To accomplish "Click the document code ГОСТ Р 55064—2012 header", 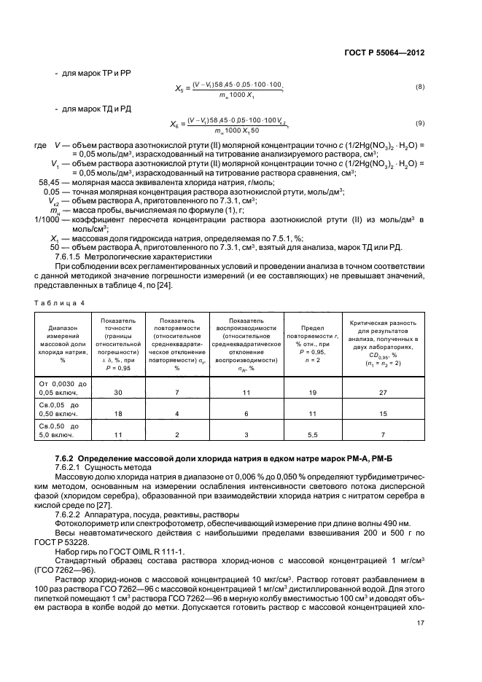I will (x=384, y=52).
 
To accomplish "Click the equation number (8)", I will (x=419, y=87).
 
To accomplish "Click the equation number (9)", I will (x=419, y=122).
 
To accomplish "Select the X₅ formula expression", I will (x=230, y=87).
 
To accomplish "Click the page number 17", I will (x=420, y=622).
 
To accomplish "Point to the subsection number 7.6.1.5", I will (x=71, y=256).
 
